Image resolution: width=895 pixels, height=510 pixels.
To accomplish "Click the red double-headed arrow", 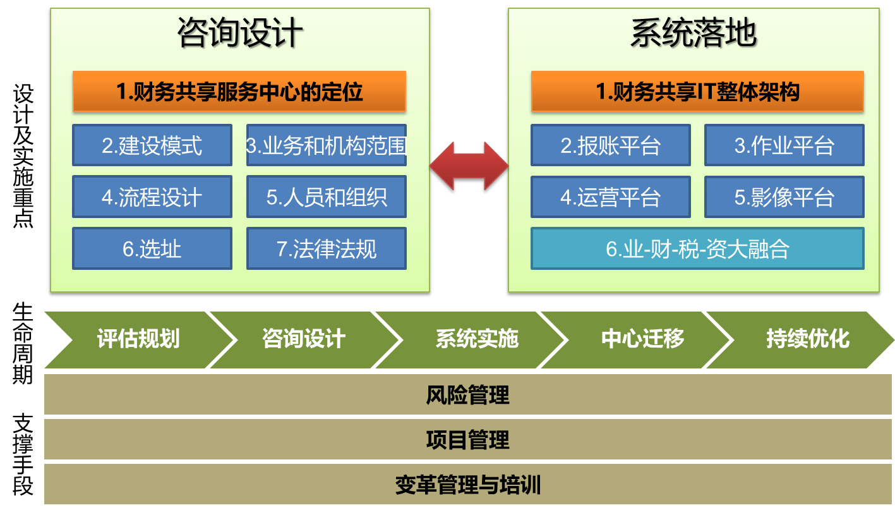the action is point(469,166).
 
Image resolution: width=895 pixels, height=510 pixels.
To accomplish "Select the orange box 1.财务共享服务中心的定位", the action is point(239,91).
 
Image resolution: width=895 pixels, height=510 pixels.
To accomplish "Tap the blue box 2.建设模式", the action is point(152,145).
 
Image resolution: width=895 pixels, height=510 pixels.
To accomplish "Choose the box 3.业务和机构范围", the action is point(327,145).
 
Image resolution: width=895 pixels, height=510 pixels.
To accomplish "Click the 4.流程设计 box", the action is point(152,197).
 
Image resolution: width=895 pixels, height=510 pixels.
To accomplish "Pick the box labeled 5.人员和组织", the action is point(327,197).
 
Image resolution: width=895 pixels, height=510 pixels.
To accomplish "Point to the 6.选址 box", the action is point(152,248).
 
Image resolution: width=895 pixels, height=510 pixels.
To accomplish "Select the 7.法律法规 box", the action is point(327,248).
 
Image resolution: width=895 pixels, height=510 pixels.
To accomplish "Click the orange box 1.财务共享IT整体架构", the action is point(698,91).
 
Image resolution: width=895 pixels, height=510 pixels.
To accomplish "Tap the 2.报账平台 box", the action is point(611,145).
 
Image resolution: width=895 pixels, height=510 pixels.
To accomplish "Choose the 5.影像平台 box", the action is point(784,197).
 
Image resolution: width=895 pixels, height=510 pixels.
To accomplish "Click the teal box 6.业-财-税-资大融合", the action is point(698,248).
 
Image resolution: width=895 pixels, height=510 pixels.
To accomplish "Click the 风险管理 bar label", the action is point(468,395).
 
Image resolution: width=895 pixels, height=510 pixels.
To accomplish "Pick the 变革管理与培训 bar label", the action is point(468,485).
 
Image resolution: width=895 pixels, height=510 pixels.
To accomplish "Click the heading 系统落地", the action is point(694,33).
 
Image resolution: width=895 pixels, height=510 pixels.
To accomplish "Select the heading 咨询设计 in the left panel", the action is point(240,33).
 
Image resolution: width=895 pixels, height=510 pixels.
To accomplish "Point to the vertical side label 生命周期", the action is point(23,343).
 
